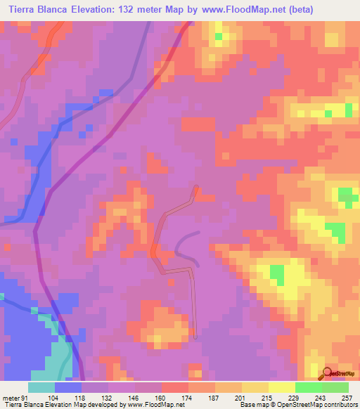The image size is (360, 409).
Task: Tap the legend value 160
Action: pos(161,398)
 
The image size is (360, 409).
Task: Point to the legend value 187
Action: pos(214,398)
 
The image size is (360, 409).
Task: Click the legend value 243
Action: pos(321,398)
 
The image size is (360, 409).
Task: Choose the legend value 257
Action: pos(347,398)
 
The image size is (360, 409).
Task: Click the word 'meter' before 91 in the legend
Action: pos(11,398)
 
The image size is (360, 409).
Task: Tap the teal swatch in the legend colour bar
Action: pos(41,387)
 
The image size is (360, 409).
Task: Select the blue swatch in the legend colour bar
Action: pos(68,387)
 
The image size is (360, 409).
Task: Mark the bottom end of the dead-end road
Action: pos(195,336)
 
